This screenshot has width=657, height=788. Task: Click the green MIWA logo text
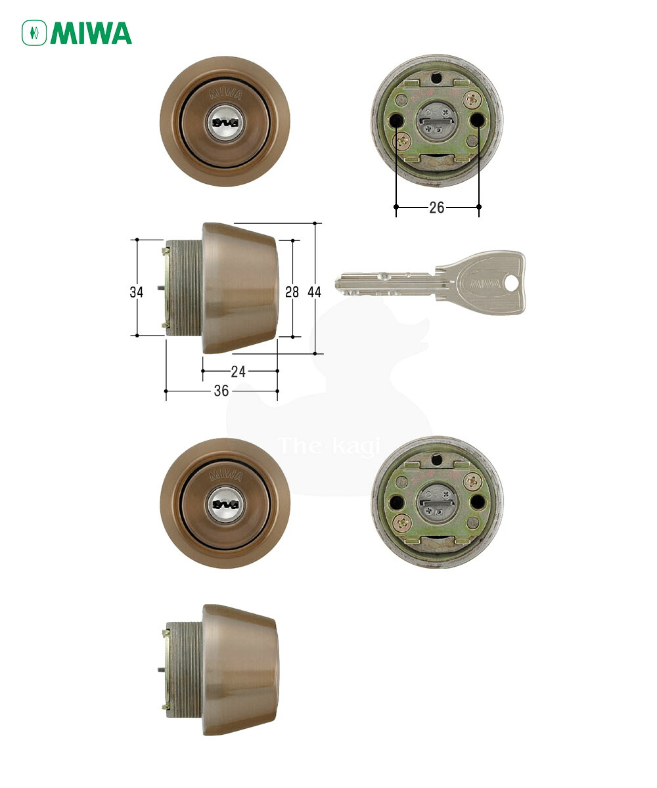[91, 33]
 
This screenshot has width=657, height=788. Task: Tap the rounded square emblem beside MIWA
[34, 33]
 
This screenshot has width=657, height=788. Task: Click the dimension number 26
[436, 208]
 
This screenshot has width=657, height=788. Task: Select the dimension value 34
[136, 292]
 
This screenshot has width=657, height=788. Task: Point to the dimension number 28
[292, 292]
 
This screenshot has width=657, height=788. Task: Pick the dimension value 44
[314, 292]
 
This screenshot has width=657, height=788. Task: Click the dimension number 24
[238, 372]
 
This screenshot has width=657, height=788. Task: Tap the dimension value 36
[221, 391]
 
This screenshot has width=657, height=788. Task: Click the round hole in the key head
[511, 283]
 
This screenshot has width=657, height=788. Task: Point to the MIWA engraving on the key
[486, 284]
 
